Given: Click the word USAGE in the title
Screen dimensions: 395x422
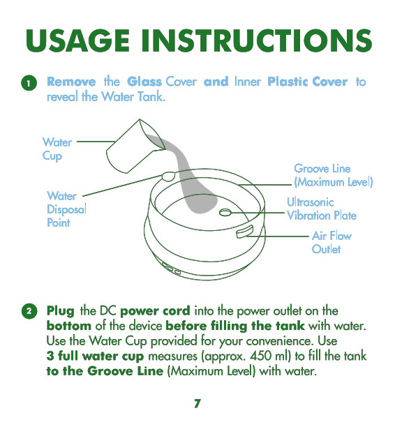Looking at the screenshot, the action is pos(78,40).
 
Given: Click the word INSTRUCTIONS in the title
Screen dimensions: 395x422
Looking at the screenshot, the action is pos(257,40).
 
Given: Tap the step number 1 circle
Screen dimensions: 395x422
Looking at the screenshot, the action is pos(29,83).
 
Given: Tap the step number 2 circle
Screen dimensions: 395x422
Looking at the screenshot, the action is pos(29,311).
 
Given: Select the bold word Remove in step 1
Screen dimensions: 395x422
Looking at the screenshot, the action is pos(71,82).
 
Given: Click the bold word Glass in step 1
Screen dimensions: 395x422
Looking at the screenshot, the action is pos(144,82).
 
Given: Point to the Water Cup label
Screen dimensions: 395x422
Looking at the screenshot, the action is pos(57,149).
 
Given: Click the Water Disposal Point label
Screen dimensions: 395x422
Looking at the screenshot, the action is pos(67,209).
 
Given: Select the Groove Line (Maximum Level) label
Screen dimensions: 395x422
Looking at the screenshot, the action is pos(334,176).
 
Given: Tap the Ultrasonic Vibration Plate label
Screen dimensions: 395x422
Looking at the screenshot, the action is pos(322,209).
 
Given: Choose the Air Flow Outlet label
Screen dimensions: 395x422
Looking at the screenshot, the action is pos(331,242).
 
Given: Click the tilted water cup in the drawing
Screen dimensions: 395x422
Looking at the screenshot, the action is pos(136,146).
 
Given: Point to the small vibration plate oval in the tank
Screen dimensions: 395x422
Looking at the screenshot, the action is pos(225,212).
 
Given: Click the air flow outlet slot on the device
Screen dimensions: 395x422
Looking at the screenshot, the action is pos(245,232).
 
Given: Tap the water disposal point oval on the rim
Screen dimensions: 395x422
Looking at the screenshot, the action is pos(168,176).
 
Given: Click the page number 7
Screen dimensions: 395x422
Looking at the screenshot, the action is pos(197,404).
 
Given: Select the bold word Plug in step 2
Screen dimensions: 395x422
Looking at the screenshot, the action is pos(60,311).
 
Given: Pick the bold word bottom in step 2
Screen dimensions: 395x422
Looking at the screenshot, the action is pos(69,326).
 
